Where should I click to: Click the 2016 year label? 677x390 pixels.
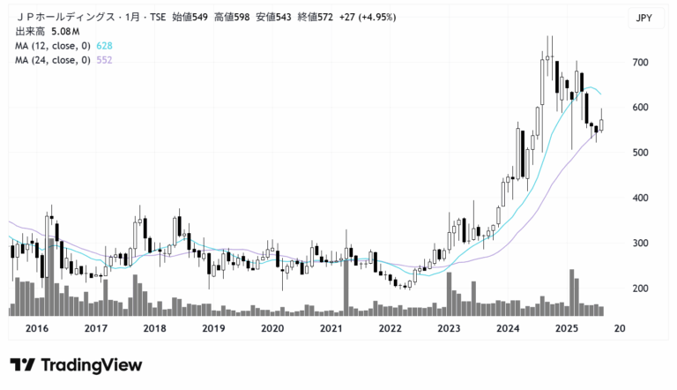tap(37, 328)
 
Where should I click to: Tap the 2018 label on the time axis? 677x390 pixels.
tap(154, 328)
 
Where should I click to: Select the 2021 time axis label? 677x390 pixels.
tap(331, 328)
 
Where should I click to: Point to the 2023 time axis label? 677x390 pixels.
tap(449, 328)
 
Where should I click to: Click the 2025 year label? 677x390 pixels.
tap(566, 328)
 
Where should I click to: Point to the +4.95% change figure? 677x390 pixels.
tap(376, 17)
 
